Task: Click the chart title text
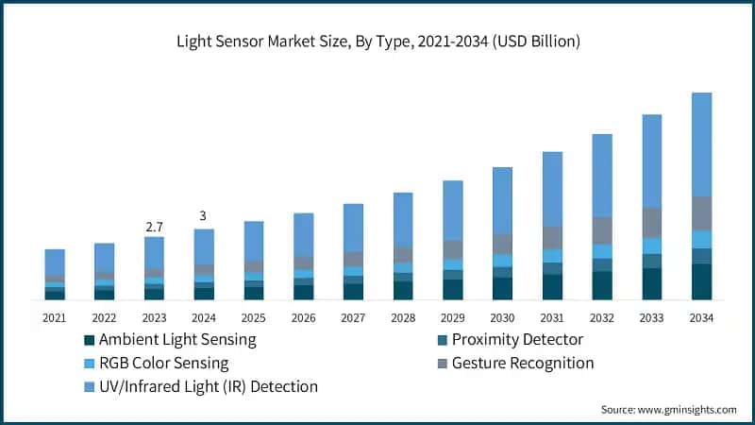pos(377,42)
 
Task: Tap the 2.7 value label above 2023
pos(154,227)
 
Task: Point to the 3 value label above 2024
pos(203,216)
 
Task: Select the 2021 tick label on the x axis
pos(55,317)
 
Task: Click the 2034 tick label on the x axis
pos(701,317)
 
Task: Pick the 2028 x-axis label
pos(403,317)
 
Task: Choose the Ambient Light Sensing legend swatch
pos(90,340)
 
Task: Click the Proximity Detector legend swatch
pos(443,340)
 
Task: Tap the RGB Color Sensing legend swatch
pos(90,364)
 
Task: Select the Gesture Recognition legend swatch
pos(443,364)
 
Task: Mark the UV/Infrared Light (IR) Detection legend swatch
pos(90,387)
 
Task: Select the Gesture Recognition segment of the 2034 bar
pos(701,213)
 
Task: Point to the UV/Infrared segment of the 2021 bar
pos(55,262)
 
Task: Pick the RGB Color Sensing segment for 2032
pos(602,251)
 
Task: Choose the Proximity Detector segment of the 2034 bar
pos(701,256)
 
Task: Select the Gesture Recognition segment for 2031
pos(553,238)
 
